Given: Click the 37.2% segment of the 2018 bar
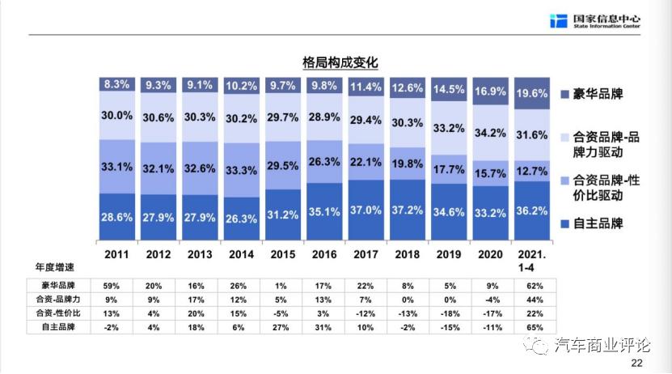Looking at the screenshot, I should [408, 210].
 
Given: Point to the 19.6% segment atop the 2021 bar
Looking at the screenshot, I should [532, 93].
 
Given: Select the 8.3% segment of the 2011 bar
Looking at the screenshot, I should [117, 83].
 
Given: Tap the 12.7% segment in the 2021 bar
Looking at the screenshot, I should [532, 171].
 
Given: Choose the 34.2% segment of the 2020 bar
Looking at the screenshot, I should [490, 132].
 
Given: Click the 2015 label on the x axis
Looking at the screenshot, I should [283, 254].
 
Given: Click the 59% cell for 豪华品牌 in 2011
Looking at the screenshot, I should [117, 285].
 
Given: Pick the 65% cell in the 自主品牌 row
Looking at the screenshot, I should [532, 326].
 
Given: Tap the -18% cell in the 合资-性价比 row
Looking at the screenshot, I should [449, 312].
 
